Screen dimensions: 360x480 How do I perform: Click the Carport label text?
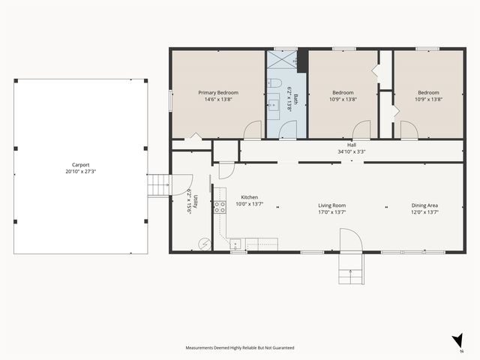tap(80, 164)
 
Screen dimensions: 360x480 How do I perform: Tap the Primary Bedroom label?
tap(218, 93)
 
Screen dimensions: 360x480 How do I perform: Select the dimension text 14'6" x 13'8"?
tap(218, 100)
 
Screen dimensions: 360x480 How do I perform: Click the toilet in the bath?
tap(275, 83)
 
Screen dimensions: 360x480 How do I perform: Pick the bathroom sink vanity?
tap(274, 106)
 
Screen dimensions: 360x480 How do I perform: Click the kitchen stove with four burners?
tap(220, 207)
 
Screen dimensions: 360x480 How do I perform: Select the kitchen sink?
tap(235, 244)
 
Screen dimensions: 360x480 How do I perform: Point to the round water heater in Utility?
tap(202, 242)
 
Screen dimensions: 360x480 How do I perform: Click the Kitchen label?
tap(249, 197)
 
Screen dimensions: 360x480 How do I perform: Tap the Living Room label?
tap(332, 205)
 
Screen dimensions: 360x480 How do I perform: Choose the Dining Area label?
tap(424, 205)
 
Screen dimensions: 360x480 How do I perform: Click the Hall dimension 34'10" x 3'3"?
tap(352, 151)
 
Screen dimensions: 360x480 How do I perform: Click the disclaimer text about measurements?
tap(240, 348)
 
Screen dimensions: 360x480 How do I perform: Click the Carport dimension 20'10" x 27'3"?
tap(80, 171)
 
